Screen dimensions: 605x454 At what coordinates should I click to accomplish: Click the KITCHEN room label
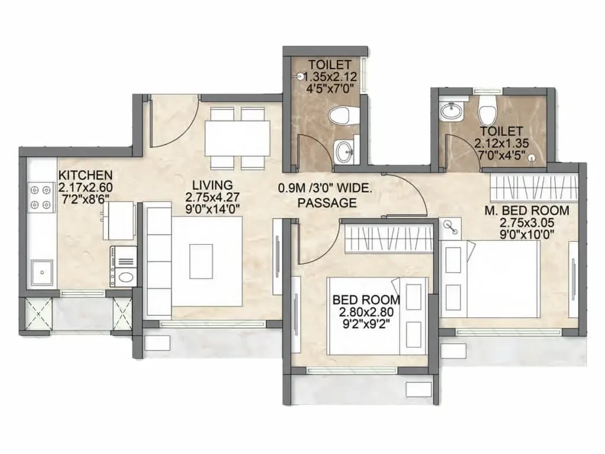point(85,175)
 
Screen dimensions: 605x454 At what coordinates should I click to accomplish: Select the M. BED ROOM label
point(526,210)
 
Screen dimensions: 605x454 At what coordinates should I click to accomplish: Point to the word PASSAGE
point(327,202)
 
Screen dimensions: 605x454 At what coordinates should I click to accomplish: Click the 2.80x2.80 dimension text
point(366,312)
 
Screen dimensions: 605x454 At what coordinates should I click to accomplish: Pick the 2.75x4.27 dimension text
point(213,197)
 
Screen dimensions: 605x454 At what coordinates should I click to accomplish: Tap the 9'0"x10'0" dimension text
point(526,234)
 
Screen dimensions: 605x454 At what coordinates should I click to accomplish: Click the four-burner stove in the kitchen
point(41,197)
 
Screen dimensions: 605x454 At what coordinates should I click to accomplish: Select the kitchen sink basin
point(42,273)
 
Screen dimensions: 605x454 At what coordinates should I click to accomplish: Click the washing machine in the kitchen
point(123,267)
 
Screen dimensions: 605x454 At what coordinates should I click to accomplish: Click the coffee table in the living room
point(201,261)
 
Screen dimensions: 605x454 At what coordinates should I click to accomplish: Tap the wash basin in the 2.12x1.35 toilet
point(451,111)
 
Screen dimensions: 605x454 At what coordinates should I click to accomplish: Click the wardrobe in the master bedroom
point(534,187)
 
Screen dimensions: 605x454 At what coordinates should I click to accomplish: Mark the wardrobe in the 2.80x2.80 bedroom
point(389,239)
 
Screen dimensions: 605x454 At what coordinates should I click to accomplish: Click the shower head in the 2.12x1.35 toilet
point(532,157)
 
